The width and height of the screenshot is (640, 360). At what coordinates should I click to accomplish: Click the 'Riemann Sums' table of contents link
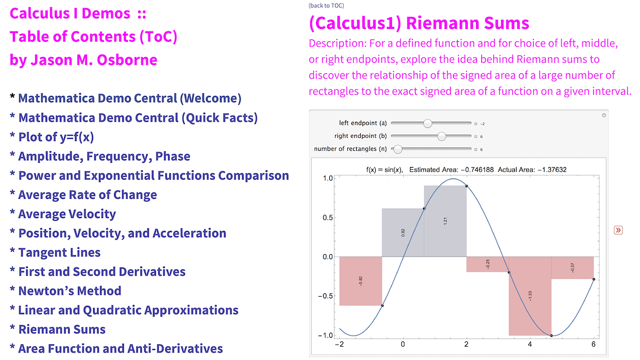[x=62, y=329]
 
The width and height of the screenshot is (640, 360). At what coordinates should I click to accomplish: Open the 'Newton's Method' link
[x=70, y=291]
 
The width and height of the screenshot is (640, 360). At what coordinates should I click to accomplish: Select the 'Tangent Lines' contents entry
[x=59, y=252]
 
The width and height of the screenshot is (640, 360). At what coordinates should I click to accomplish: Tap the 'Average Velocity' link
[x=67, y=214]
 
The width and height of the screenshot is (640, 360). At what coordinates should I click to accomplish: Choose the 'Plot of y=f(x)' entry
[x=56, y=137]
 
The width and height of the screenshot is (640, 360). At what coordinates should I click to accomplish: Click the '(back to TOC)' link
[x=326, y=6]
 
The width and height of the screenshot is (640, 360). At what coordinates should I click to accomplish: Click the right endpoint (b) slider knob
[x=441, y=136]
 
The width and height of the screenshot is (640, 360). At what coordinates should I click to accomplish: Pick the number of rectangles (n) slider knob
[x=397, y=149]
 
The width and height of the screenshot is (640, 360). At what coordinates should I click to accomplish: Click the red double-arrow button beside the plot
[x=618, y=230]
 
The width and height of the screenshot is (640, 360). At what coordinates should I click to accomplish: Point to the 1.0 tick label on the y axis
[x=328, y=179]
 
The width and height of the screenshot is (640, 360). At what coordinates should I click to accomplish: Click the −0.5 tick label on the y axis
[x=325, y=296]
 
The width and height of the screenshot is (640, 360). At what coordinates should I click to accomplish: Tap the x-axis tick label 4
[x=530, y=344]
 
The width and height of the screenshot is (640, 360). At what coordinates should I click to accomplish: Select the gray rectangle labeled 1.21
[x=445, y=221]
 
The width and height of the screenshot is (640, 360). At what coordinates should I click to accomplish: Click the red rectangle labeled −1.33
[x=530, y=296]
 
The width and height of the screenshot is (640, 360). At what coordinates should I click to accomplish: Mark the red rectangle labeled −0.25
[x=488, y=265]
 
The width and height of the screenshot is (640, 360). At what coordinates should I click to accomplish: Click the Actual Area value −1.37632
[x=552, y=170]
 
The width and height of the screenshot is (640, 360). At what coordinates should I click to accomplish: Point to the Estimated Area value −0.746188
[x=477, y=170]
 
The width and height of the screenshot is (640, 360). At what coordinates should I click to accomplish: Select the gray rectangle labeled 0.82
[x=403, y=233]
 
